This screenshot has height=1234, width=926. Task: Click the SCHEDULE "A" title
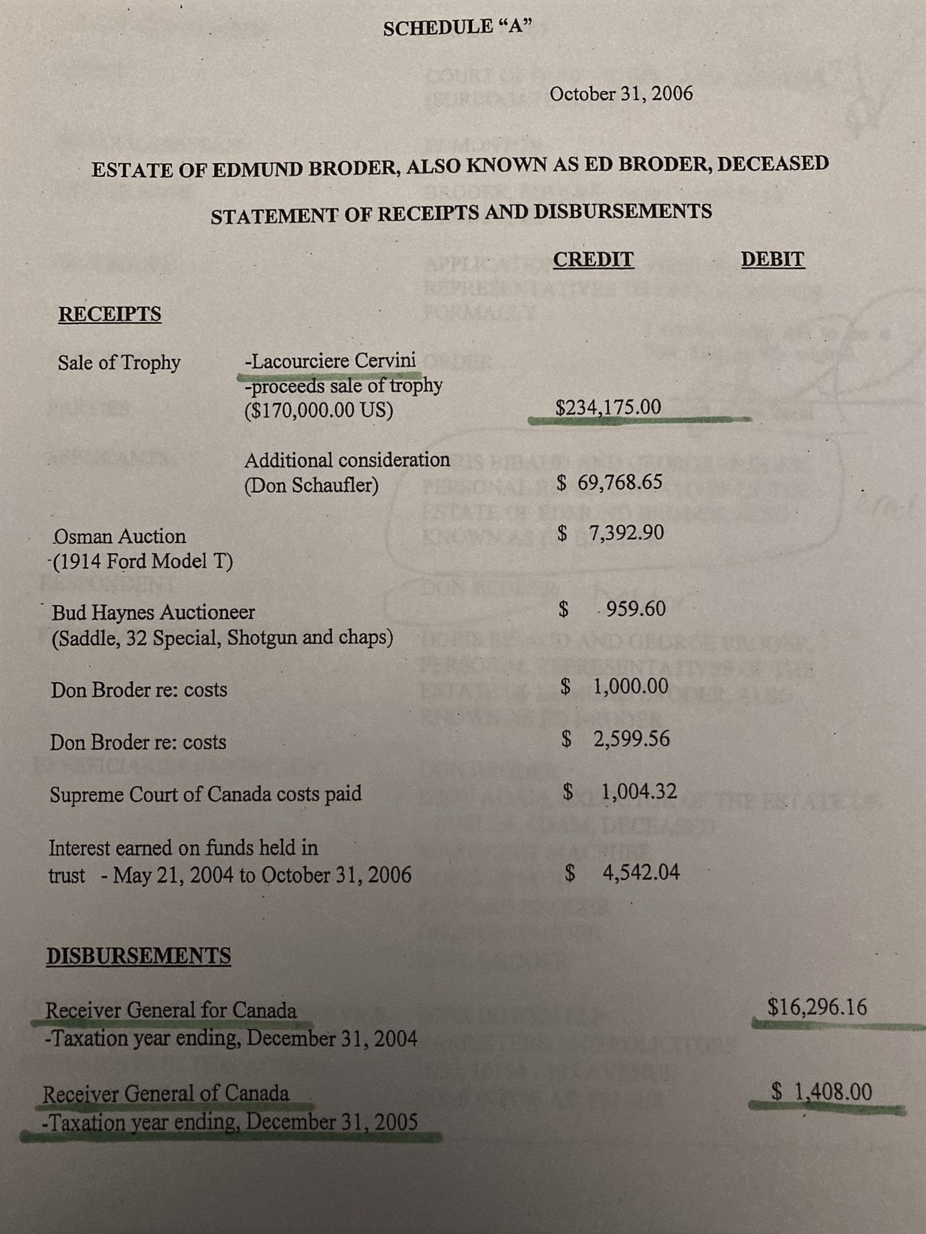pyautogui.click(x=458, y=28)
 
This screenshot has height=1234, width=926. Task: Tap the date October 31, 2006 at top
pyautogui.click(x=621, y=94)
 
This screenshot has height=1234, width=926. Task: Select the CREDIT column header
pyautogui.click(x=593, y=259)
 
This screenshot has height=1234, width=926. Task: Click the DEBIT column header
pyautogui.click(x=772, y=259)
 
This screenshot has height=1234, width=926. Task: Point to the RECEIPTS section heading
pyautogui.click(x=110, y=314)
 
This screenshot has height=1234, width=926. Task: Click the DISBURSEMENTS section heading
pyautogui.click(x=138, y=956)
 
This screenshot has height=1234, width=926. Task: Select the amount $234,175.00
pyautogui.click(x=608, y=407)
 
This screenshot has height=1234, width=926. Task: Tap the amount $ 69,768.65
pyautogui.click(x=610, y=482)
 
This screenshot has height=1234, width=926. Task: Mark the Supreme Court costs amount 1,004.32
pyautogui.click(x=638, y=791)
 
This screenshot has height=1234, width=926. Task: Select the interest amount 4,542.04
pyautogui.click(x=641, y=873)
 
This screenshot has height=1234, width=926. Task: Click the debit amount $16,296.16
pyautogui.click(x=817, y=1007)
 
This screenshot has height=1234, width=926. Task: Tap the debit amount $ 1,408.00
pyautogui.click(x=821, y=1092)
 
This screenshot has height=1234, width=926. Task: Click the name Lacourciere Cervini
pyautogui.click(x=331, y=360)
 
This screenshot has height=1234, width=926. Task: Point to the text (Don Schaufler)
pyautogui.click(x=311, y=485)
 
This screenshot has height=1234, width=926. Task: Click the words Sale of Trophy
pyautogui.click(x=119, y=363)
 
